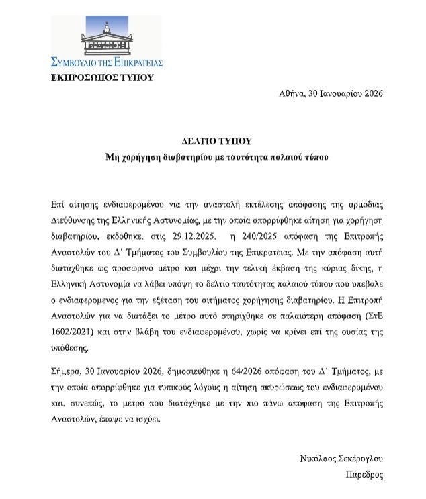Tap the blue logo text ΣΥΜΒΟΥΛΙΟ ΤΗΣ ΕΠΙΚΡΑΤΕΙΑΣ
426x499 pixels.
point(107,62)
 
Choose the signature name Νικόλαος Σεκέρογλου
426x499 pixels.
point(341,459)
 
